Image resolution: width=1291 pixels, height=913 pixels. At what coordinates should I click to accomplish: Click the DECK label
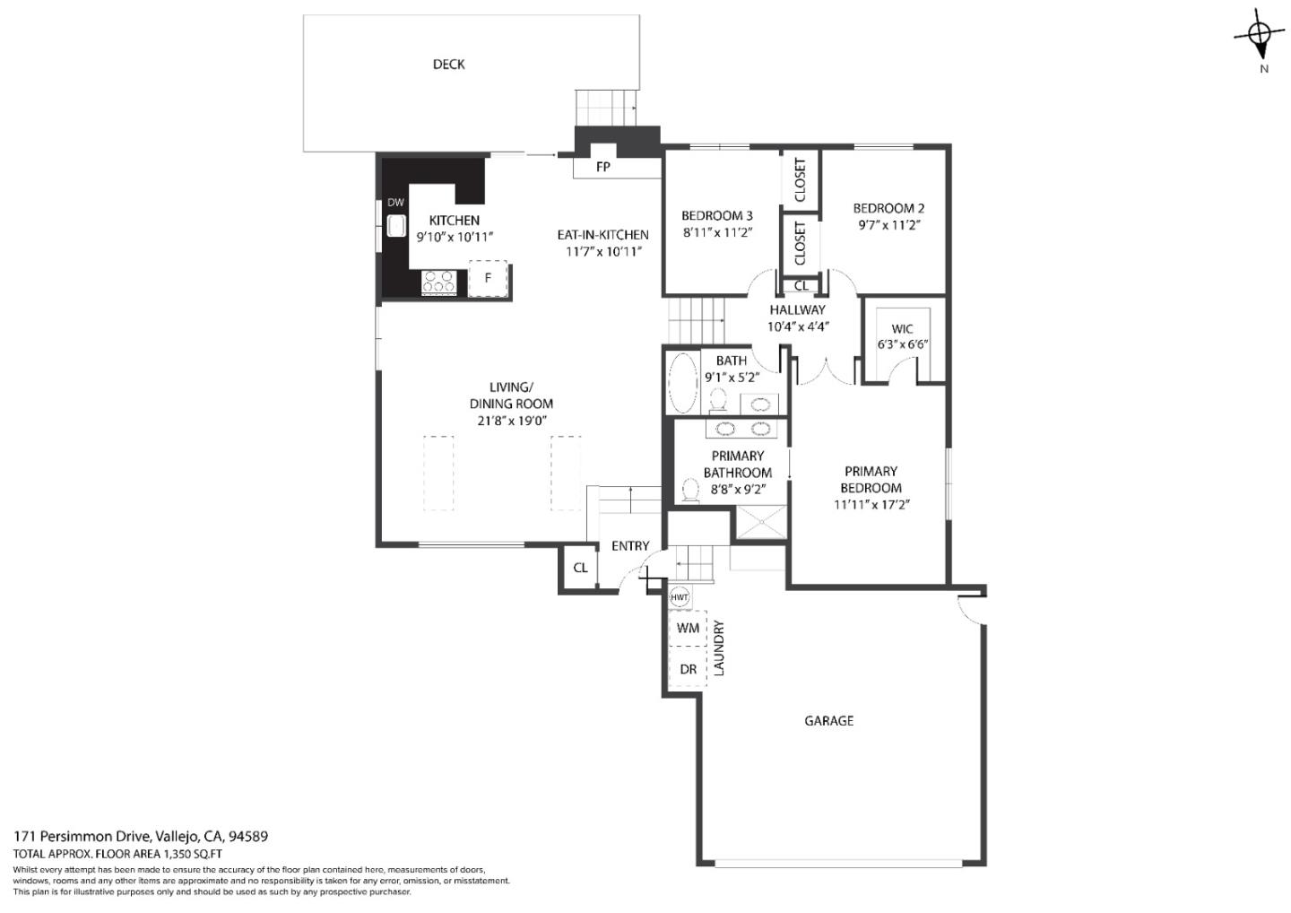(x=448, y=65)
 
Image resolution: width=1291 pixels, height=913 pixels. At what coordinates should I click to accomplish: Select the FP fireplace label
(x=602, y=167)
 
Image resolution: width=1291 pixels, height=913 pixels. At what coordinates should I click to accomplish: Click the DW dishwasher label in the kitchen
(x=395, y=203)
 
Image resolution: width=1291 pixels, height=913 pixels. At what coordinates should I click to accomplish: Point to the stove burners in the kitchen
(x=439, y=282)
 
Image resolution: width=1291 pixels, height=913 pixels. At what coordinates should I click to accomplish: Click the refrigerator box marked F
(x=488, y=278)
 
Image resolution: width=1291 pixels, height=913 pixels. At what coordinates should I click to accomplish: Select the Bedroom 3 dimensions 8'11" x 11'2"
(x=716, y=232)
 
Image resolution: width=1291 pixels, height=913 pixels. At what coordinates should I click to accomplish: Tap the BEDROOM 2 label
(x=888, y=208)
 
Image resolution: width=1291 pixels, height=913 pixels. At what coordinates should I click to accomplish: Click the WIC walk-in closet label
(x=902, y=329)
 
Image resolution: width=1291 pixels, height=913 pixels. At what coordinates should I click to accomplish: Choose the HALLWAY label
(x=797, y=309)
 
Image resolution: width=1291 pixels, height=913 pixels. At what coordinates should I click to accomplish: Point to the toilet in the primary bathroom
(x=690, y=490)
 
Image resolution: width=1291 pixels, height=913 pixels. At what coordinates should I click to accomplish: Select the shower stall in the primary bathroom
(x=760, y=523)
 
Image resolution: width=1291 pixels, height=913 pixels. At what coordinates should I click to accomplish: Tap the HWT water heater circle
(x=680, y=597)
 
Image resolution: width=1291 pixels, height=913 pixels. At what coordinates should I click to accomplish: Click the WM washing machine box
(x=688, y=628)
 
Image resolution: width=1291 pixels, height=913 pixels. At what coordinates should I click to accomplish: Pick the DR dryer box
(x=688, y=669)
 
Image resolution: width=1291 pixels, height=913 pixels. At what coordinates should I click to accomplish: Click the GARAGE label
(x=828, y=720)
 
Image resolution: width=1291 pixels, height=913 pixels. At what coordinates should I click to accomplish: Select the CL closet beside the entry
(x=580, y=568)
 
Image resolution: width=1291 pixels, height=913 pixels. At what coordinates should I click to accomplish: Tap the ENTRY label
(x=630, y=546)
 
